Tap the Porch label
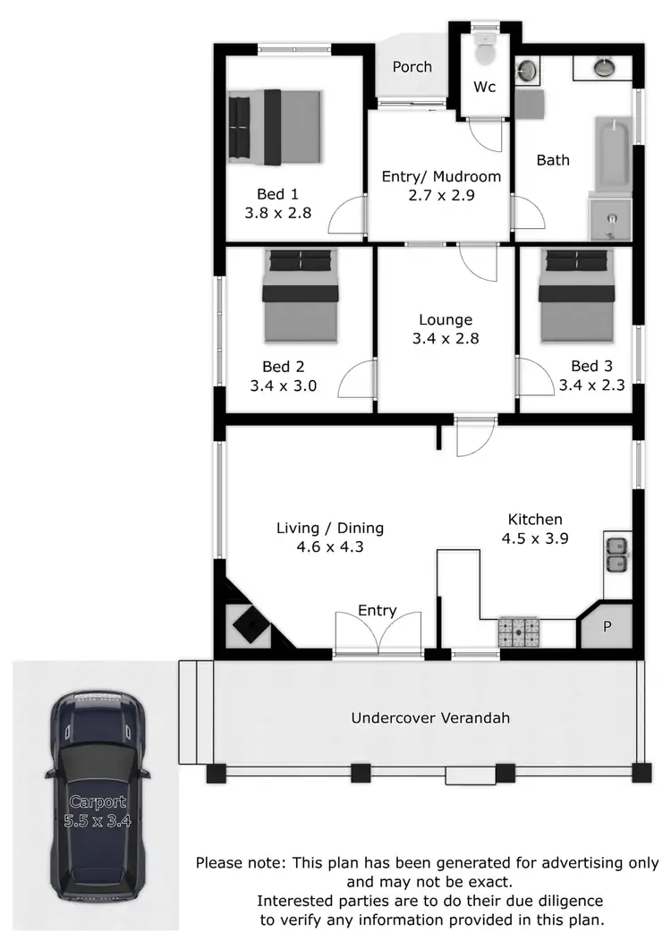click(412, 67)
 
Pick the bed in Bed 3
click(577, 294)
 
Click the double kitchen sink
click(616, 555)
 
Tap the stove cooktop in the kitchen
click(520, 633)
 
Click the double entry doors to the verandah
click(378, 636)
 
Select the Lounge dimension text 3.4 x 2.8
click(446, 340)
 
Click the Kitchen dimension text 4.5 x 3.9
click(535, 538)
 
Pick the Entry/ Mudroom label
click(441, 176)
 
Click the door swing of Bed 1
click(351, 216)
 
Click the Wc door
click(488, 134)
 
